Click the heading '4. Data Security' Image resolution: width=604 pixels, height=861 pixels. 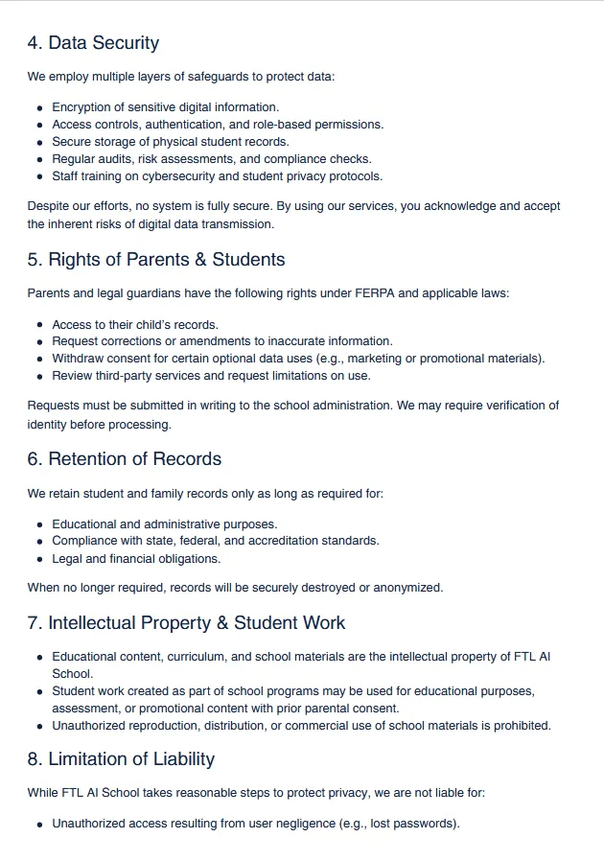pos(93,43)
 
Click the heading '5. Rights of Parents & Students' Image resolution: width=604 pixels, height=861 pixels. pos(156,260)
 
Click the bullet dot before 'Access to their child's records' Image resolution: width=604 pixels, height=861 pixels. pos(39,325)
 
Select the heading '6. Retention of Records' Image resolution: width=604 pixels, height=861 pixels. pos(125,459)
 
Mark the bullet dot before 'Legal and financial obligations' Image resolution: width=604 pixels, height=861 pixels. pos(39,559)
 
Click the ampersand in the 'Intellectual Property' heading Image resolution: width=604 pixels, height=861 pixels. pos(222,623)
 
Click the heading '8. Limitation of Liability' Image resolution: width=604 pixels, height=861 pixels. pos(121,759)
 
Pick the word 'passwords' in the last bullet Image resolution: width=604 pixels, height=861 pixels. pos(428,824)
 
